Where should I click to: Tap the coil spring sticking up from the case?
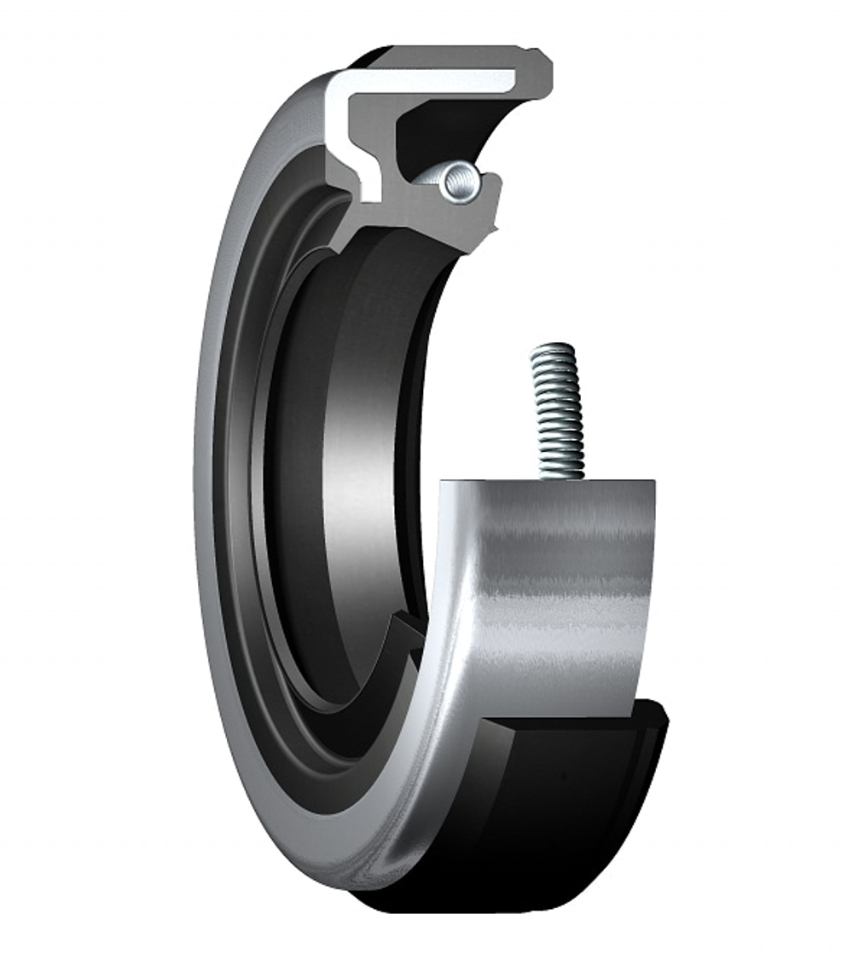click(x=557, y=409)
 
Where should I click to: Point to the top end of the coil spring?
click(x=553, y=348)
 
